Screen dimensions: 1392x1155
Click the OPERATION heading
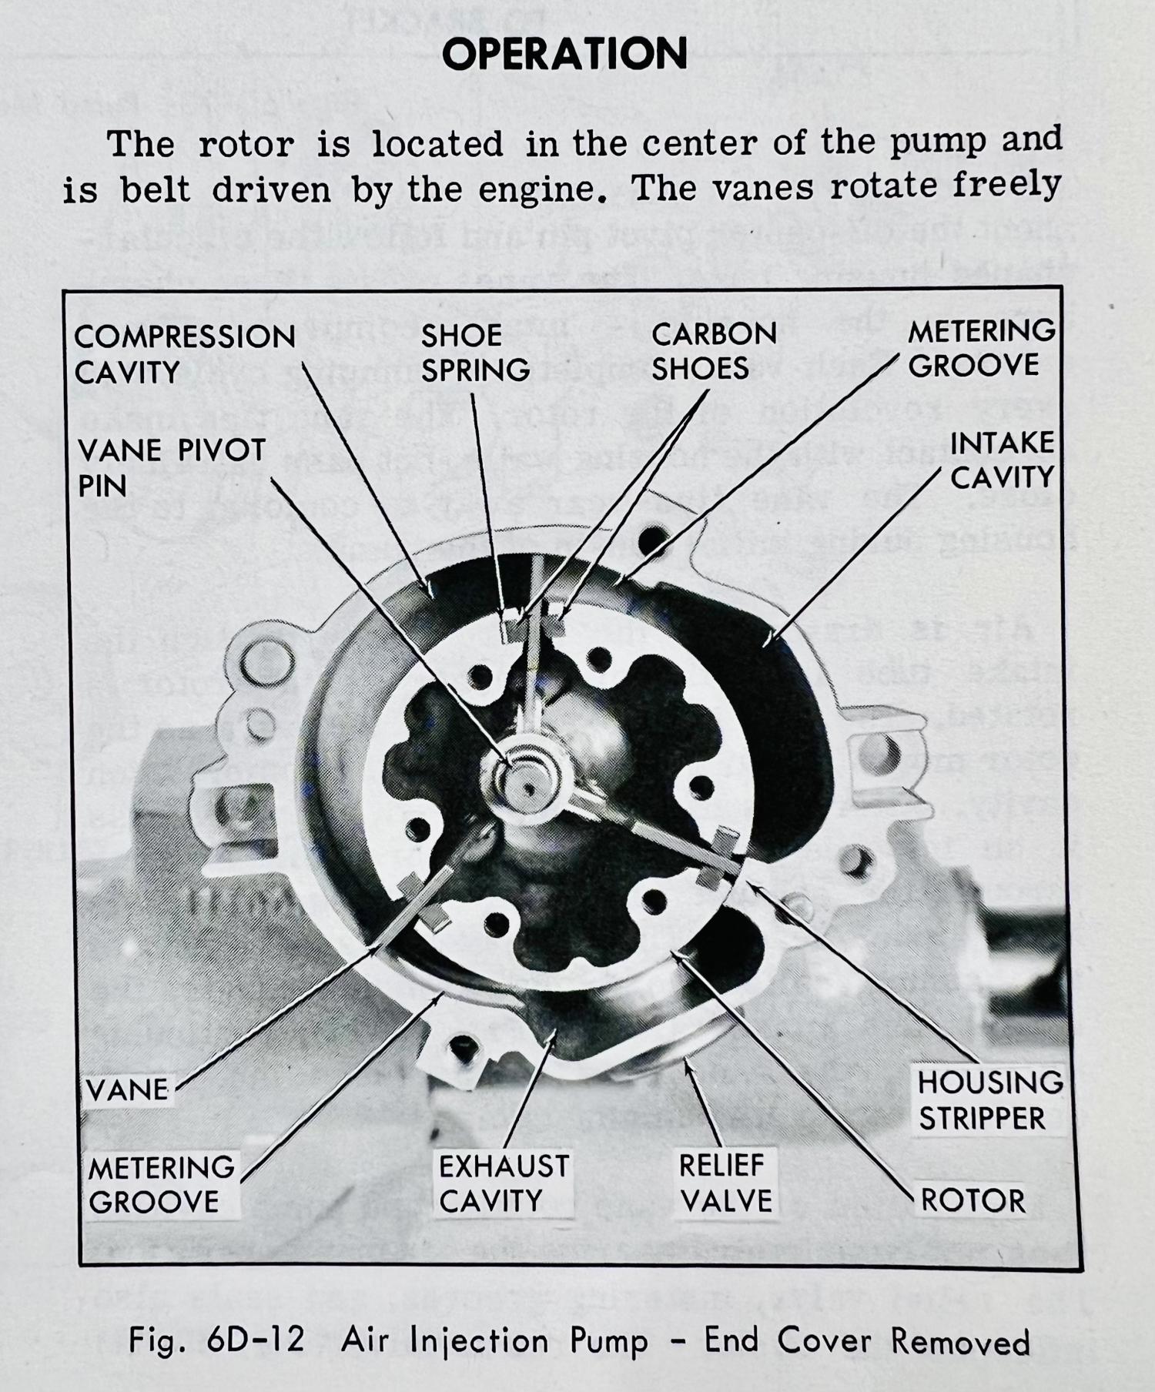point(564,54)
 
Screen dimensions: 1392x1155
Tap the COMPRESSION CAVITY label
point(184,354)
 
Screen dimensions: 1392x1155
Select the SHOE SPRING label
point(475,353)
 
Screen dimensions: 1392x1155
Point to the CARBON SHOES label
point(714,351)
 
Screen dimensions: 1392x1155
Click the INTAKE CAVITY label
point(1001,460)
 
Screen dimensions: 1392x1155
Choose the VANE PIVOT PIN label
point(171,467)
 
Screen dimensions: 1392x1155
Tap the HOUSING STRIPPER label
point(989,1100)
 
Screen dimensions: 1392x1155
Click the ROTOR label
point(973,1200)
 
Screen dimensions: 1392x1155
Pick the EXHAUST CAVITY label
point(504,1183)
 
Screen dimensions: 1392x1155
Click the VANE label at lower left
point(127,1090)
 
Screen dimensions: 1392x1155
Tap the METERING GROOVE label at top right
point(980,348)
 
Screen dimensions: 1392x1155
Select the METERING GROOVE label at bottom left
point(161,1184)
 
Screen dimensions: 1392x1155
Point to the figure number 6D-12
point(255,1340)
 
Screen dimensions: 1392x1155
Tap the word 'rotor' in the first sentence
point(246,145)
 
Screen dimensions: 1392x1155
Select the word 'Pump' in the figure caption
point(608,1341)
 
